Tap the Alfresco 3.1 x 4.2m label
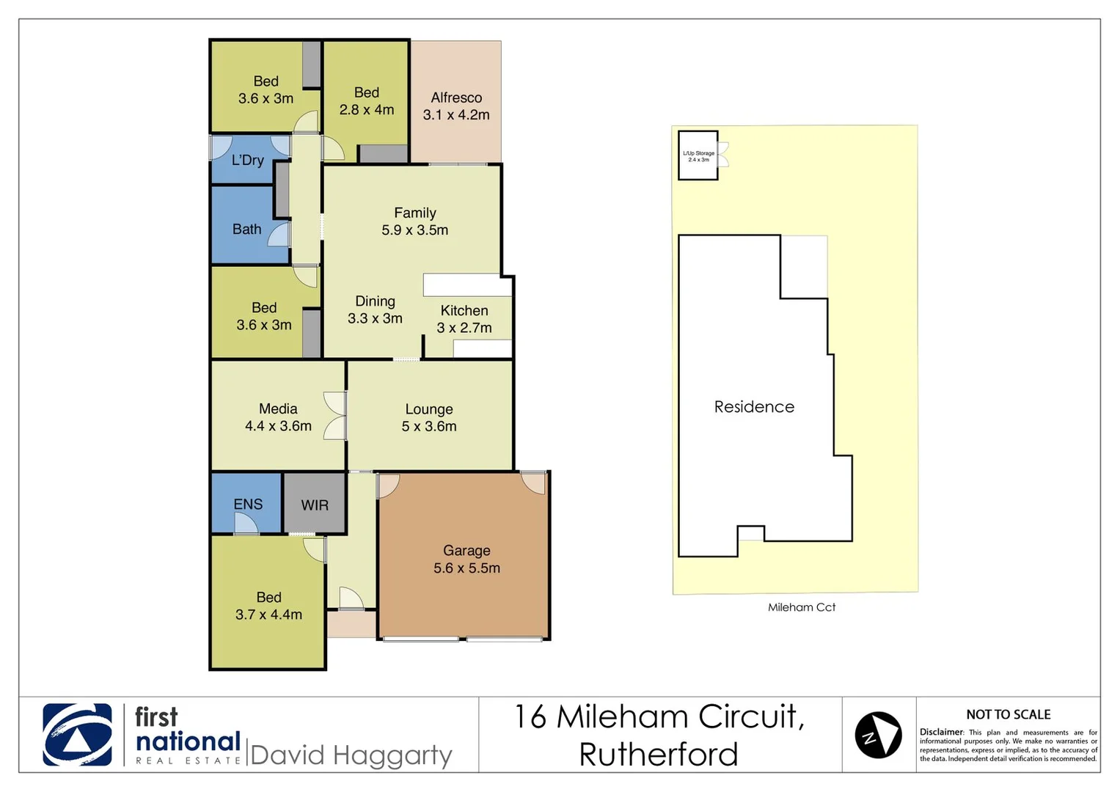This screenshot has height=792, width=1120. click(456, 106)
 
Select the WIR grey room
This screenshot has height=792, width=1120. click(315, 505)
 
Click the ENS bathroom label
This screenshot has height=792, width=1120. click(248, 504)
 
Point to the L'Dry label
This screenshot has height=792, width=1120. click(247, 160)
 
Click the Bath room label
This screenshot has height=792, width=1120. click(246, 229)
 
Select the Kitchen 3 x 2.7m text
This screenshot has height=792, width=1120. click(464, 319)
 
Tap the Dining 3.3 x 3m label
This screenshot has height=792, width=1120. click(375, 309)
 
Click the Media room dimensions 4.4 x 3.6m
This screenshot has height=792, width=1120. click(278, 426)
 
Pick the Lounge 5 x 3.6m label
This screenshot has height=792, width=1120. click(429, 417)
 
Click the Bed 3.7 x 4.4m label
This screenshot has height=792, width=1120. click(268, 606)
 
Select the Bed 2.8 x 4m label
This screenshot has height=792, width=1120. click(367, 101)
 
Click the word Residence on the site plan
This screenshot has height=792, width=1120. click(754, 407)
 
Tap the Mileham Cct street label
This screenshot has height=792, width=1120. click(802, 607)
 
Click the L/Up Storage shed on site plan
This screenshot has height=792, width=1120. click(698, 155)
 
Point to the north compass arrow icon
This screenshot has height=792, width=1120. click(878, 735)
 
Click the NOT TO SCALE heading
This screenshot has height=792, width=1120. click(1008, 714)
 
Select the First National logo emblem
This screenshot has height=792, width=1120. click(78, 735)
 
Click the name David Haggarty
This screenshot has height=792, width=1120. click(351, 755)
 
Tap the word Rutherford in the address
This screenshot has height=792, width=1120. click(658, 755)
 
